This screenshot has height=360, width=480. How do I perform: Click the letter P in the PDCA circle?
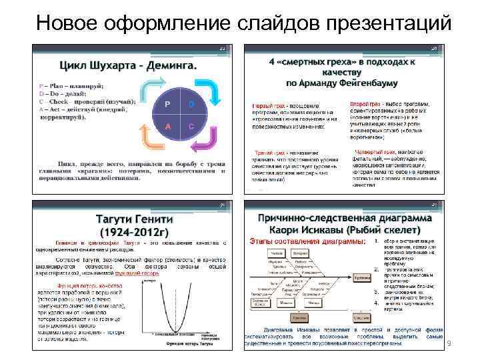pyautogui.click(x=168, y=105)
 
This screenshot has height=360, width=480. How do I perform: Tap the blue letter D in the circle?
pyautogui.click(x=191, y=105)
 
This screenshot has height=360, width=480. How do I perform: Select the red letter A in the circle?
pyautogui.click(x=168, y=127)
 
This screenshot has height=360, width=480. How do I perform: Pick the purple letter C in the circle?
pyautogui.click(x=191, y=127)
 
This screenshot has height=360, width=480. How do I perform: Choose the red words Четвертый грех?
pyautogui.click(x=371, y=152)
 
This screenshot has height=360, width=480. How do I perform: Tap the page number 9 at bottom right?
pyautogui.click(x=449, y=343)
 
